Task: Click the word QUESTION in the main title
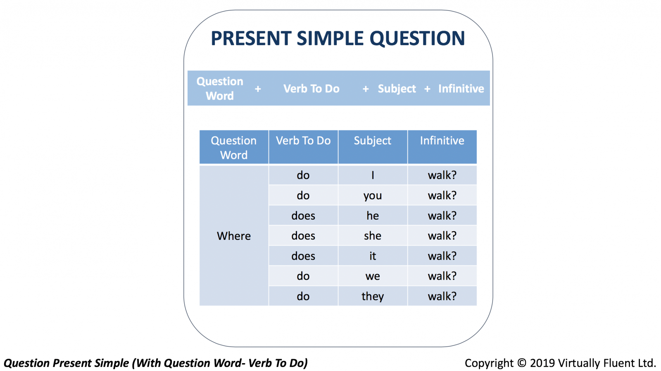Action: pos(417,38)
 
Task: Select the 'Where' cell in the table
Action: pos(234,236)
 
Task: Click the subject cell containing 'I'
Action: pos(373,175)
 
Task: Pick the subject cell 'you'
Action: pos(373,196)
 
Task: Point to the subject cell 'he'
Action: pos(373,215)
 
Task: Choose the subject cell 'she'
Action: pos(373,236)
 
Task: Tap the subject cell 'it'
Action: pos(373,256)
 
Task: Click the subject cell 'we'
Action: pos(373,276)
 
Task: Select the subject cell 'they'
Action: pos(373,296)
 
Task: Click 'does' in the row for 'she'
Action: pos(303,236)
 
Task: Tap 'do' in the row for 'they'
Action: pos(303,296)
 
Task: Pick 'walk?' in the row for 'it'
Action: pos(442,256)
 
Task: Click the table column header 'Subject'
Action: pos(373,141)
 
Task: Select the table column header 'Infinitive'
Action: pos(442,141)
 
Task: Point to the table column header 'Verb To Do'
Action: pos(303,141)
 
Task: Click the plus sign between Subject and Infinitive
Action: pos(427,89)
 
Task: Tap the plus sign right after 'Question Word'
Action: pos(258,89)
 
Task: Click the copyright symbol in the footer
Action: pos(522,363)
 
